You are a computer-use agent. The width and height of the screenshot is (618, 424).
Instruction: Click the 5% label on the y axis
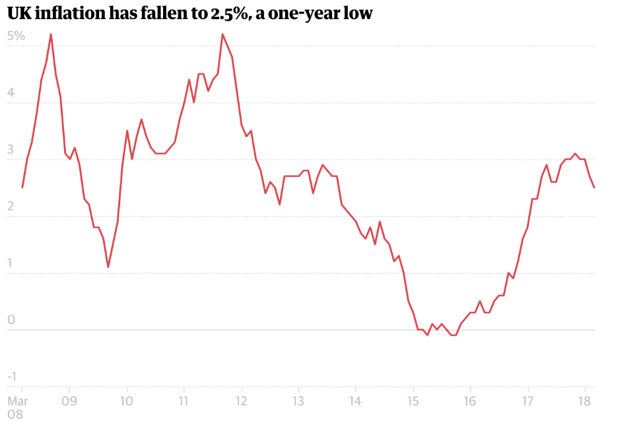pyautogui.click(x=16, y=36)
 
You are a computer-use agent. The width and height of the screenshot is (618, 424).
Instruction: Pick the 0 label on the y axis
pyautogui.click(x=11, y=320)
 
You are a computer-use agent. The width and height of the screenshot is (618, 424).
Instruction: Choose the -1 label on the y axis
pyautogui.click(x=11, y=377)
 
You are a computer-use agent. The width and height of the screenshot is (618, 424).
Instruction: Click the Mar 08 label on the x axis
pyautogui.click(x=17, y=407)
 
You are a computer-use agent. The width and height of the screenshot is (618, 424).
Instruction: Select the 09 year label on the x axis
pyautogui.click(x=69, y=401)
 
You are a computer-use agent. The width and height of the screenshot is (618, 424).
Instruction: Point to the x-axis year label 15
pyautogui.click(x=413, y=401)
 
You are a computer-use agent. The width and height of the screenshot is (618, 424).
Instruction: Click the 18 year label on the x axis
pyautogui.click(x=584, y=401)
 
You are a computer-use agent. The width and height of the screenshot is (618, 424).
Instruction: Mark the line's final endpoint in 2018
pyautogui.click(x=594, y=188)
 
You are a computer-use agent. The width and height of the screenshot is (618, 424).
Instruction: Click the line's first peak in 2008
pyautogui.click(x=51, y=34)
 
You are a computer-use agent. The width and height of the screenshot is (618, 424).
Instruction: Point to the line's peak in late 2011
pyautogui.click(x=223, y=34)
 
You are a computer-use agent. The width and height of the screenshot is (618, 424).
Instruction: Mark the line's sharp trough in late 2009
pyautogui.click(x=108, y=267)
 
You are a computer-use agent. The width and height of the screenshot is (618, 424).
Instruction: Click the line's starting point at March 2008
pyautogui.click(x=22, y=188)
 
